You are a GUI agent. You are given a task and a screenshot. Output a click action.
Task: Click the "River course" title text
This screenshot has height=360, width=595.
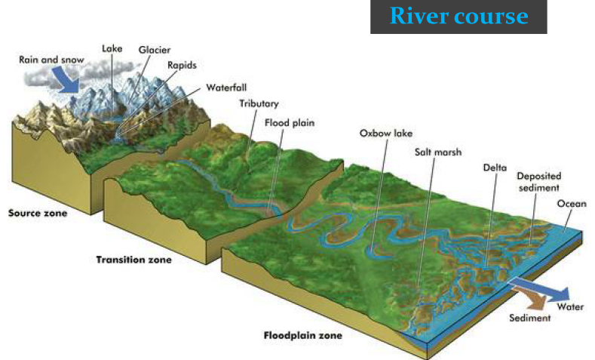[x=459, y=16]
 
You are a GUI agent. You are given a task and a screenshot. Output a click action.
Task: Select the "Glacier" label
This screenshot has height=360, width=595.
[x=153, y=50]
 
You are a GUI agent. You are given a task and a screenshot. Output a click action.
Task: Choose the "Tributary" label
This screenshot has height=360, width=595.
[x=259, y=103]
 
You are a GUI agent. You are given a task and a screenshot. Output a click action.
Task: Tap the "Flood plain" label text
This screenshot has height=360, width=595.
[x=289, y=122]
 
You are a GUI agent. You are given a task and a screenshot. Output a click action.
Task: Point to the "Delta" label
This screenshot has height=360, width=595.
[x=495, y=168]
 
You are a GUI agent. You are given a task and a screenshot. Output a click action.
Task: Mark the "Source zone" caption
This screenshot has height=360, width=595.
[x=38, y=213]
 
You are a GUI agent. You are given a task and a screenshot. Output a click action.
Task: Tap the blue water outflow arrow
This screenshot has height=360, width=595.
[x=538, y=288]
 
